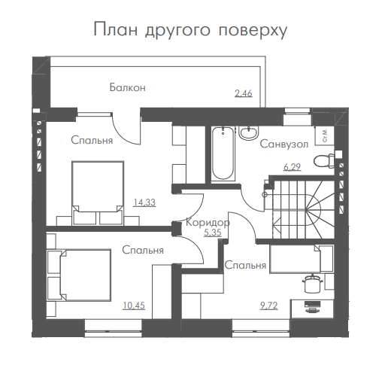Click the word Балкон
tap(128, 87)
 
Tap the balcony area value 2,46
tap(244, 93)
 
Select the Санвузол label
tap(284, 144)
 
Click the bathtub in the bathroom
tap(223, 154)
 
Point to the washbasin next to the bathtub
tap(248, 132)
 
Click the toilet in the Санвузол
tap(324, 161)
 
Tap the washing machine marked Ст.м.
tap(325, 135)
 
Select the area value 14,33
tap(144, 202)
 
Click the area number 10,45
tap(134, 306)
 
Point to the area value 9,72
tap(269, 306)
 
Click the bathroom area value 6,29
tap(292, 167)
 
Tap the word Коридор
tap(208, 223)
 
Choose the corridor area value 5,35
tap(213, 233)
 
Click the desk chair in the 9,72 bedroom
tap(313, 284)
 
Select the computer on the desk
tap(312, 307)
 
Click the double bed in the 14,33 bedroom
tap(98, 193)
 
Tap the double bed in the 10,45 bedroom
tap(79, 275)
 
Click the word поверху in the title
tap(253, 30)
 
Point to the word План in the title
tap(116, 29)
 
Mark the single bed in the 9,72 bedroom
tap(302, 259)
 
